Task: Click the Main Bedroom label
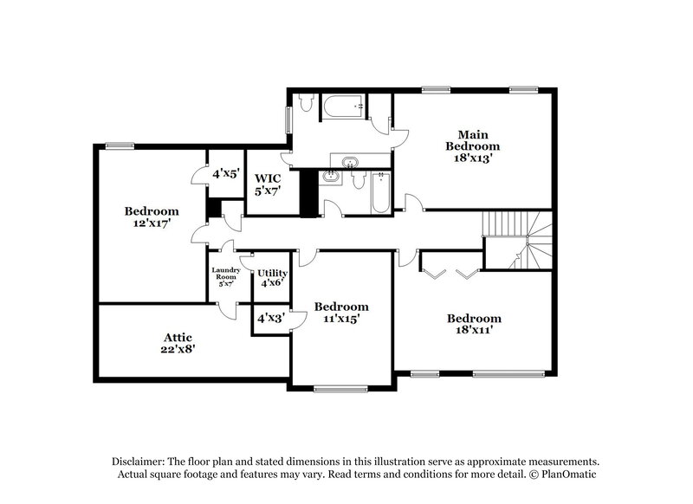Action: [474, 139]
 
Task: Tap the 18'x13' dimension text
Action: [474, 159]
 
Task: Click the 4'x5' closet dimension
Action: [226, 173]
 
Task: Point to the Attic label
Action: [177, 337]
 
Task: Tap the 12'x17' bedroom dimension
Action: [152, 223]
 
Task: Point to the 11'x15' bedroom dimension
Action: [341, 319]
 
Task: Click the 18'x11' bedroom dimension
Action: [475, 330]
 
